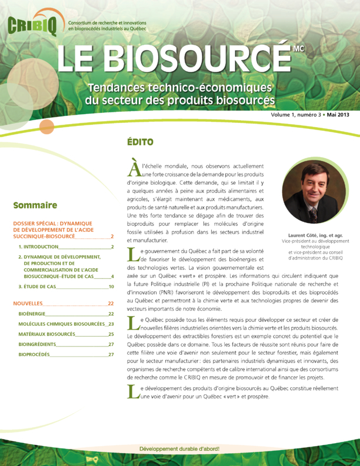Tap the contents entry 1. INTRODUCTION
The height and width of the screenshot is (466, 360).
(x=38, y=247)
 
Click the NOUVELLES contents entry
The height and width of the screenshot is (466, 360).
(x=28, y=303)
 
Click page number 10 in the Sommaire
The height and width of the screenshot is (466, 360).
(x=111, y=287)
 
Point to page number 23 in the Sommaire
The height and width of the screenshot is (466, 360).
(x=111, y=324)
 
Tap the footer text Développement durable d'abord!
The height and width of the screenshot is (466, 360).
(x=179, y=449)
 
